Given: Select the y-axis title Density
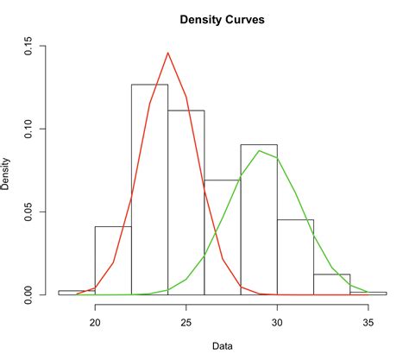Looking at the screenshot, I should tap(8, 172).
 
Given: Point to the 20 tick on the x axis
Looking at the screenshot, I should tap(95, 322).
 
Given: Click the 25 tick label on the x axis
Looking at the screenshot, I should tap(186, 322).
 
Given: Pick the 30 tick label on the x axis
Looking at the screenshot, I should tap(277, 322).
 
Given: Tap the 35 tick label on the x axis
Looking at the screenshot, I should tap(368, 322).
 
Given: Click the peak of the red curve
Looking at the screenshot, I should tap(168, 53).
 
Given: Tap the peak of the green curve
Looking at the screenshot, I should tap(259, 150).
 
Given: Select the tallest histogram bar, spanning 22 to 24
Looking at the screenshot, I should tap(149, 190).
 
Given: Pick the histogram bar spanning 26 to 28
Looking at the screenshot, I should tap(223, 237).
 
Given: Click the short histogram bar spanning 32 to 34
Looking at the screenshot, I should tap(331, 284).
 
